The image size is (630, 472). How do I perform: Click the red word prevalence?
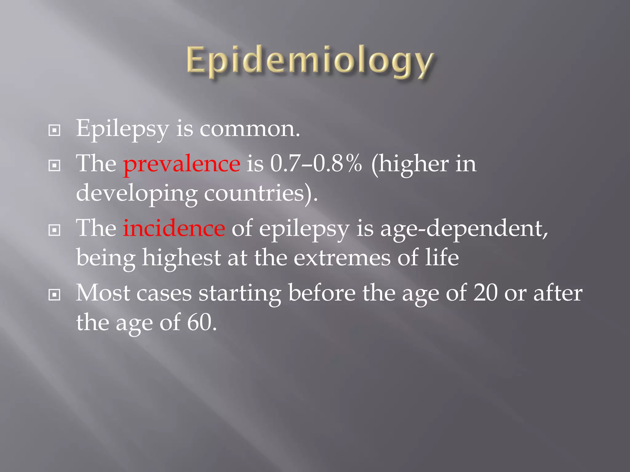tap(181, 164)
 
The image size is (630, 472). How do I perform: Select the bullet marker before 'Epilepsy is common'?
tap(54, 130)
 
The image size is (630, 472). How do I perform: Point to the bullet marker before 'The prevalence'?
tap(54, 166)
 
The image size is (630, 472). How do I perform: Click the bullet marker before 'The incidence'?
tap(54, 230)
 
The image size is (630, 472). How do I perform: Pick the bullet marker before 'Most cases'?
tap(54, 295)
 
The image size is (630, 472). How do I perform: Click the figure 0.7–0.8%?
tap(316, 164)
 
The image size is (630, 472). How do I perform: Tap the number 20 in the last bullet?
tap(485, 293)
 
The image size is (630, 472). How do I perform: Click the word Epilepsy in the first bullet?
tap(122, 129)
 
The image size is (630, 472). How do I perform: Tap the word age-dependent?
tap(464, 229)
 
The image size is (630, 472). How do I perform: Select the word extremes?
tap(342, 258)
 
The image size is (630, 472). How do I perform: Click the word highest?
tap(181, 258)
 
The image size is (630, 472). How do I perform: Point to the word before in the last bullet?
tap(322, 293)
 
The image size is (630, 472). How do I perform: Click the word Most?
tap(103, 293)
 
